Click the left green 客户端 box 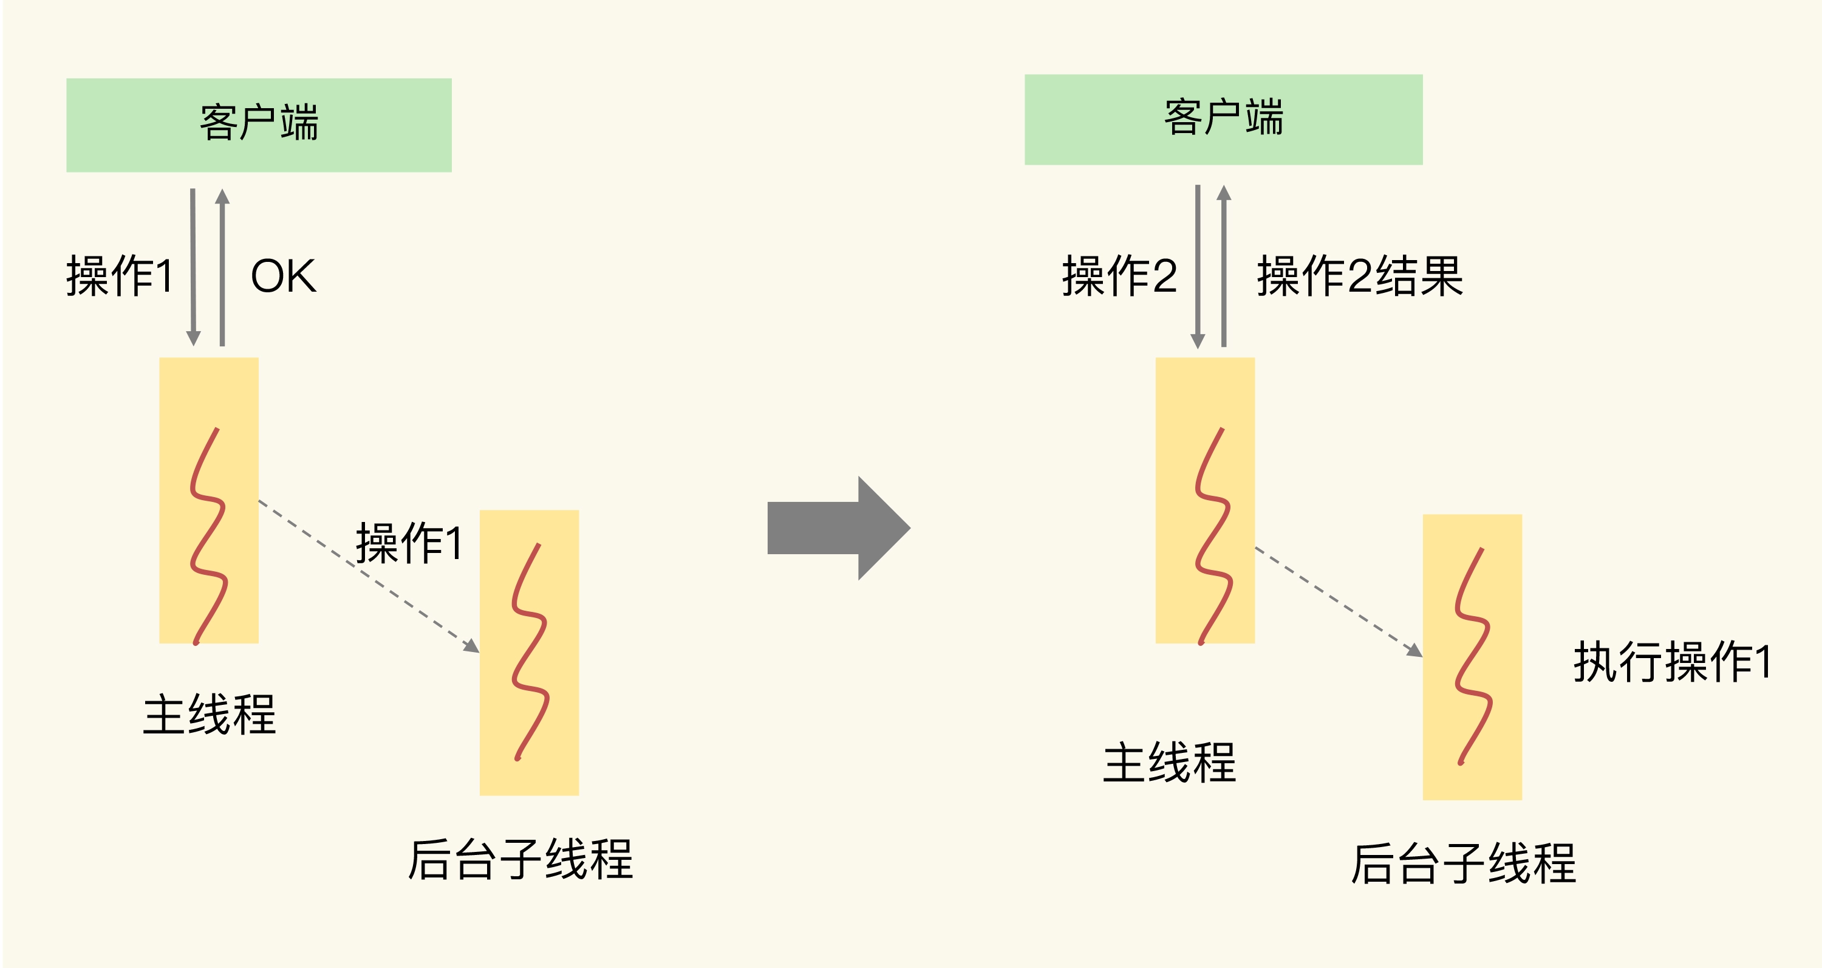click(x=259, y=125)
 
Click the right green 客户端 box click(x=1223, y=120)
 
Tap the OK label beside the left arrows click(x=283, y=276)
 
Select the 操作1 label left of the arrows click(x=120, y=276)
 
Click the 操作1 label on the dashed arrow click(x=409, y=543)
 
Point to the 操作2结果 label click(x=1359, y=276)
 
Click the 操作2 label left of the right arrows click(x=1119, y=276)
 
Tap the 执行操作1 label click(x=1672, y=662)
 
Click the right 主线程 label click(x=1169, y=763)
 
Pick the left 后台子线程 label click(x=520, y=860)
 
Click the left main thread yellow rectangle click(x=209, y=499)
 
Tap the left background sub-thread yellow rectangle click(x=529, y=653)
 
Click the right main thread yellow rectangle click(x=1204, y=499)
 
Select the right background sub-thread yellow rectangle click(x=1472, y=657)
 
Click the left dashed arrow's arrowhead click(x=472, y=646)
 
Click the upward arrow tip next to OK click(x=222, y=195)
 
